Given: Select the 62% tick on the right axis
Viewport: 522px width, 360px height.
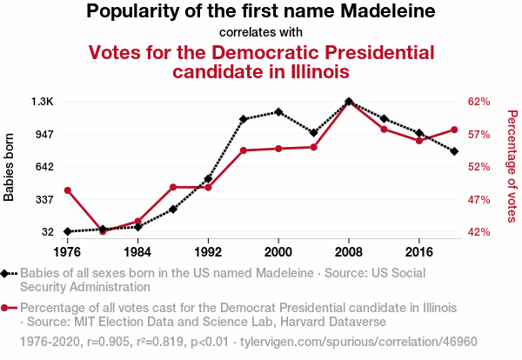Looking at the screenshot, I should pyautogui.click(x=480, y=102).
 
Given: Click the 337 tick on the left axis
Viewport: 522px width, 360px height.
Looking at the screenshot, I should pyautogui.click(x=43, y=199).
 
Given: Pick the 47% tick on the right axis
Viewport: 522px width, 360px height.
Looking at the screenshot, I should pyautogui.click(x=480, y=199).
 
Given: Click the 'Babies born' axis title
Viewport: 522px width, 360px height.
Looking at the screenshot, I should pyautogui.click(x=10, y=167).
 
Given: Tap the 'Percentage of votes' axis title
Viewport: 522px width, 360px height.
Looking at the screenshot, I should pyautogui.click(x=512, y=164).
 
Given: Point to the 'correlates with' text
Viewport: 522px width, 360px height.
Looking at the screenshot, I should pyautogui.click(x=261, y=33).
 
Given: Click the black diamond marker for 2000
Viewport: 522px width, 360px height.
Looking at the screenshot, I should pyautogui.click(x=278, y=112).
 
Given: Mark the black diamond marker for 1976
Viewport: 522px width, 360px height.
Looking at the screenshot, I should pyautogui.click(x=67, y=231).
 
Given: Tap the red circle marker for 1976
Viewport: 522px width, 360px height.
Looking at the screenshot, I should pyautogui.click(x=67, y=190).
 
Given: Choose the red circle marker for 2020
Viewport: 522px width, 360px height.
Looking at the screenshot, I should pyautogui.click(x=455, y=130).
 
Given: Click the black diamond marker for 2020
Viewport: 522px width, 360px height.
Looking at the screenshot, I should pyautogui.click(x=455, y=151).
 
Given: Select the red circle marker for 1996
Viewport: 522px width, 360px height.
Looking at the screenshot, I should pyautogui.click(x=244, y=150).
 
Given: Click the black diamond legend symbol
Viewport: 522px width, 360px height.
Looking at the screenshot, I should pyautogui.click(x=7, y=273).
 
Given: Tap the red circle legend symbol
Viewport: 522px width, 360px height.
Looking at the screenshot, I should pyautogui.click(x=7, y=308).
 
